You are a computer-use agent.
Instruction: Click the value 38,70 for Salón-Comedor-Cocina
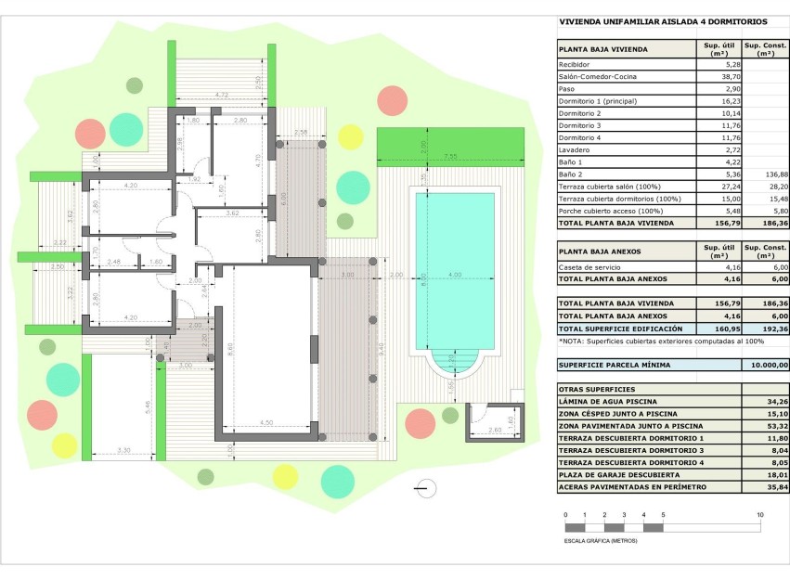tap(713, 77)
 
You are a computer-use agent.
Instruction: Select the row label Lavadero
tap(573, 149)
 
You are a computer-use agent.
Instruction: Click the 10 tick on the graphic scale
tap(759, 514)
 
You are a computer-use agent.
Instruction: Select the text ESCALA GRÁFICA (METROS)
tap(602, 540)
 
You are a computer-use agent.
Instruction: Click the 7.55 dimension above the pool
tap(450, 157)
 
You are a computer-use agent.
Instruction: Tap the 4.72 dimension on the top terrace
tap(221, 95)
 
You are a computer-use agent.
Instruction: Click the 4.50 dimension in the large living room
tap(266, 424)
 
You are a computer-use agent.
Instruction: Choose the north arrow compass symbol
tap(425, 486)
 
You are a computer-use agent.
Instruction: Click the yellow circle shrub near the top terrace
tap(350, 136)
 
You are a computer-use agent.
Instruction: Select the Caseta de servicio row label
tap(589, 267)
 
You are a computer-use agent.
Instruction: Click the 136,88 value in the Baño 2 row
tap(765, 174)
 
